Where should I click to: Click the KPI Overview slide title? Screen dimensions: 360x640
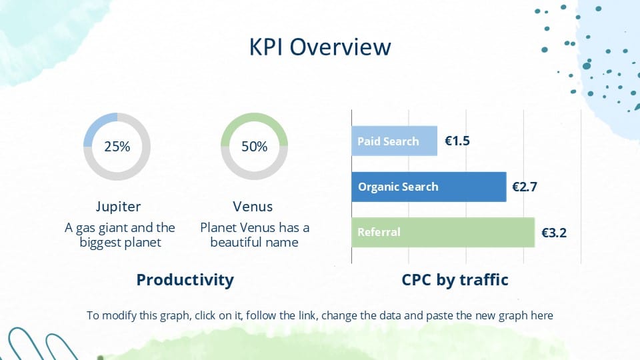coord(320,47)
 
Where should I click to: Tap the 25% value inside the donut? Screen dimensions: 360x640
coord(117,147)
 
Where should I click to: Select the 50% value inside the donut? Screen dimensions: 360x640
coord(254,147)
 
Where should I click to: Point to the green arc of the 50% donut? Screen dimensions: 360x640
coord(254,118)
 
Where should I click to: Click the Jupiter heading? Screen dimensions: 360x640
coord(118,207)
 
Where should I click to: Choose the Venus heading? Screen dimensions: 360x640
coord(253,207)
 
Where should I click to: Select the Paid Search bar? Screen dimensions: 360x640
coord(394,141)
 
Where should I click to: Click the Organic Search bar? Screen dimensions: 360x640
coord(429,187)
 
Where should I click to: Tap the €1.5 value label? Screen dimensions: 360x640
coord(457,141)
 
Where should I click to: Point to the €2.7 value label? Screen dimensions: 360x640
coord(525,187)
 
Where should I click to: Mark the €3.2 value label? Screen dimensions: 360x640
coord(554,233)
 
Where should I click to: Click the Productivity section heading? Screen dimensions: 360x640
coord(185,279)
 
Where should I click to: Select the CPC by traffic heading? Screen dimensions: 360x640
coord(455,279)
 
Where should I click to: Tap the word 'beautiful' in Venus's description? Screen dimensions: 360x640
coord(235,242)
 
